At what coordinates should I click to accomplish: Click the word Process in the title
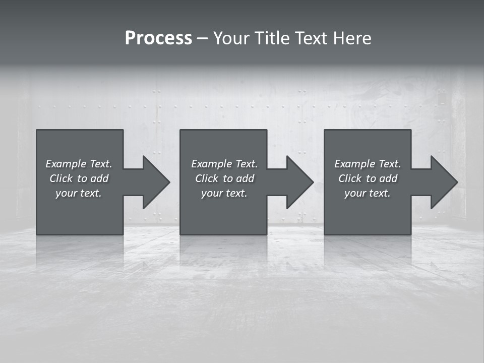pyautogui.click(x=158, y=38)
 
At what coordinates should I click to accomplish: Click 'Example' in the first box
pyautogui.click(x=66, y=164)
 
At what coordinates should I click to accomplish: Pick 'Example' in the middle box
pyautogui.click(x=211, y=164)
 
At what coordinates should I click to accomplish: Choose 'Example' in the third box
pyautogui.click(x=354, y=164)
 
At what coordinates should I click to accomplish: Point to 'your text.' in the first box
pyautogui.click(x=79, y=193)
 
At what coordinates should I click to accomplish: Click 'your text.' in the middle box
pyautogui.click(x=224, y=193)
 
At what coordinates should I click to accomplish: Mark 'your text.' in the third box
pyautogui.click(x=368, y=193)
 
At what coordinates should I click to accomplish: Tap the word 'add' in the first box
pyautogui.click(x=99, y=178)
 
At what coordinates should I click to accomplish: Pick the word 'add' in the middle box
pyautogui.click(x=245, y=178)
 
